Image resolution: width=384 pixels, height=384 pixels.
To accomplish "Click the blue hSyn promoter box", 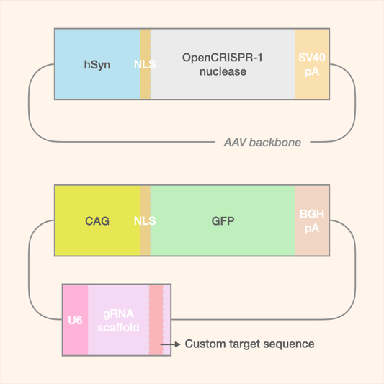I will point(97,65).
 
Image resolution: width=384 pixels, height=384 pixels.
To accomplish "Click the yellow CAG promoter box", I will point(97,220).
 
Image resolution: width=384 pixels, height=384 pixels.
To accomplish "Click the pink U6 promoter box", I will point(75,320).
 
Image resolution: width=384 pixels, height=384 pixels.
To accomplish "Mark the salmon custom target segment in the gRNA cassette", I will point(156,320).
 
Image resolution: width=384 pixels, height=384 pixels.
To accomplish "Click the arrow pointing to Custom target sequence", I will point(171,344).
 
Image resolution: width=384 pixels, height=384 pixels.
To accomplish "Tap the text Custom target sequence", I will point(249,344).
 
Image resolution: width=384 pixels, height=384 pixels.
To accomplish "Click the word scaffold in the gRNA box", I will point(118,328).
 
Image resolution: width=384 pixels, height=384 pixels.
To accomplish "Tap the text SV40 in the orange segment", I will point(312,58).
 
